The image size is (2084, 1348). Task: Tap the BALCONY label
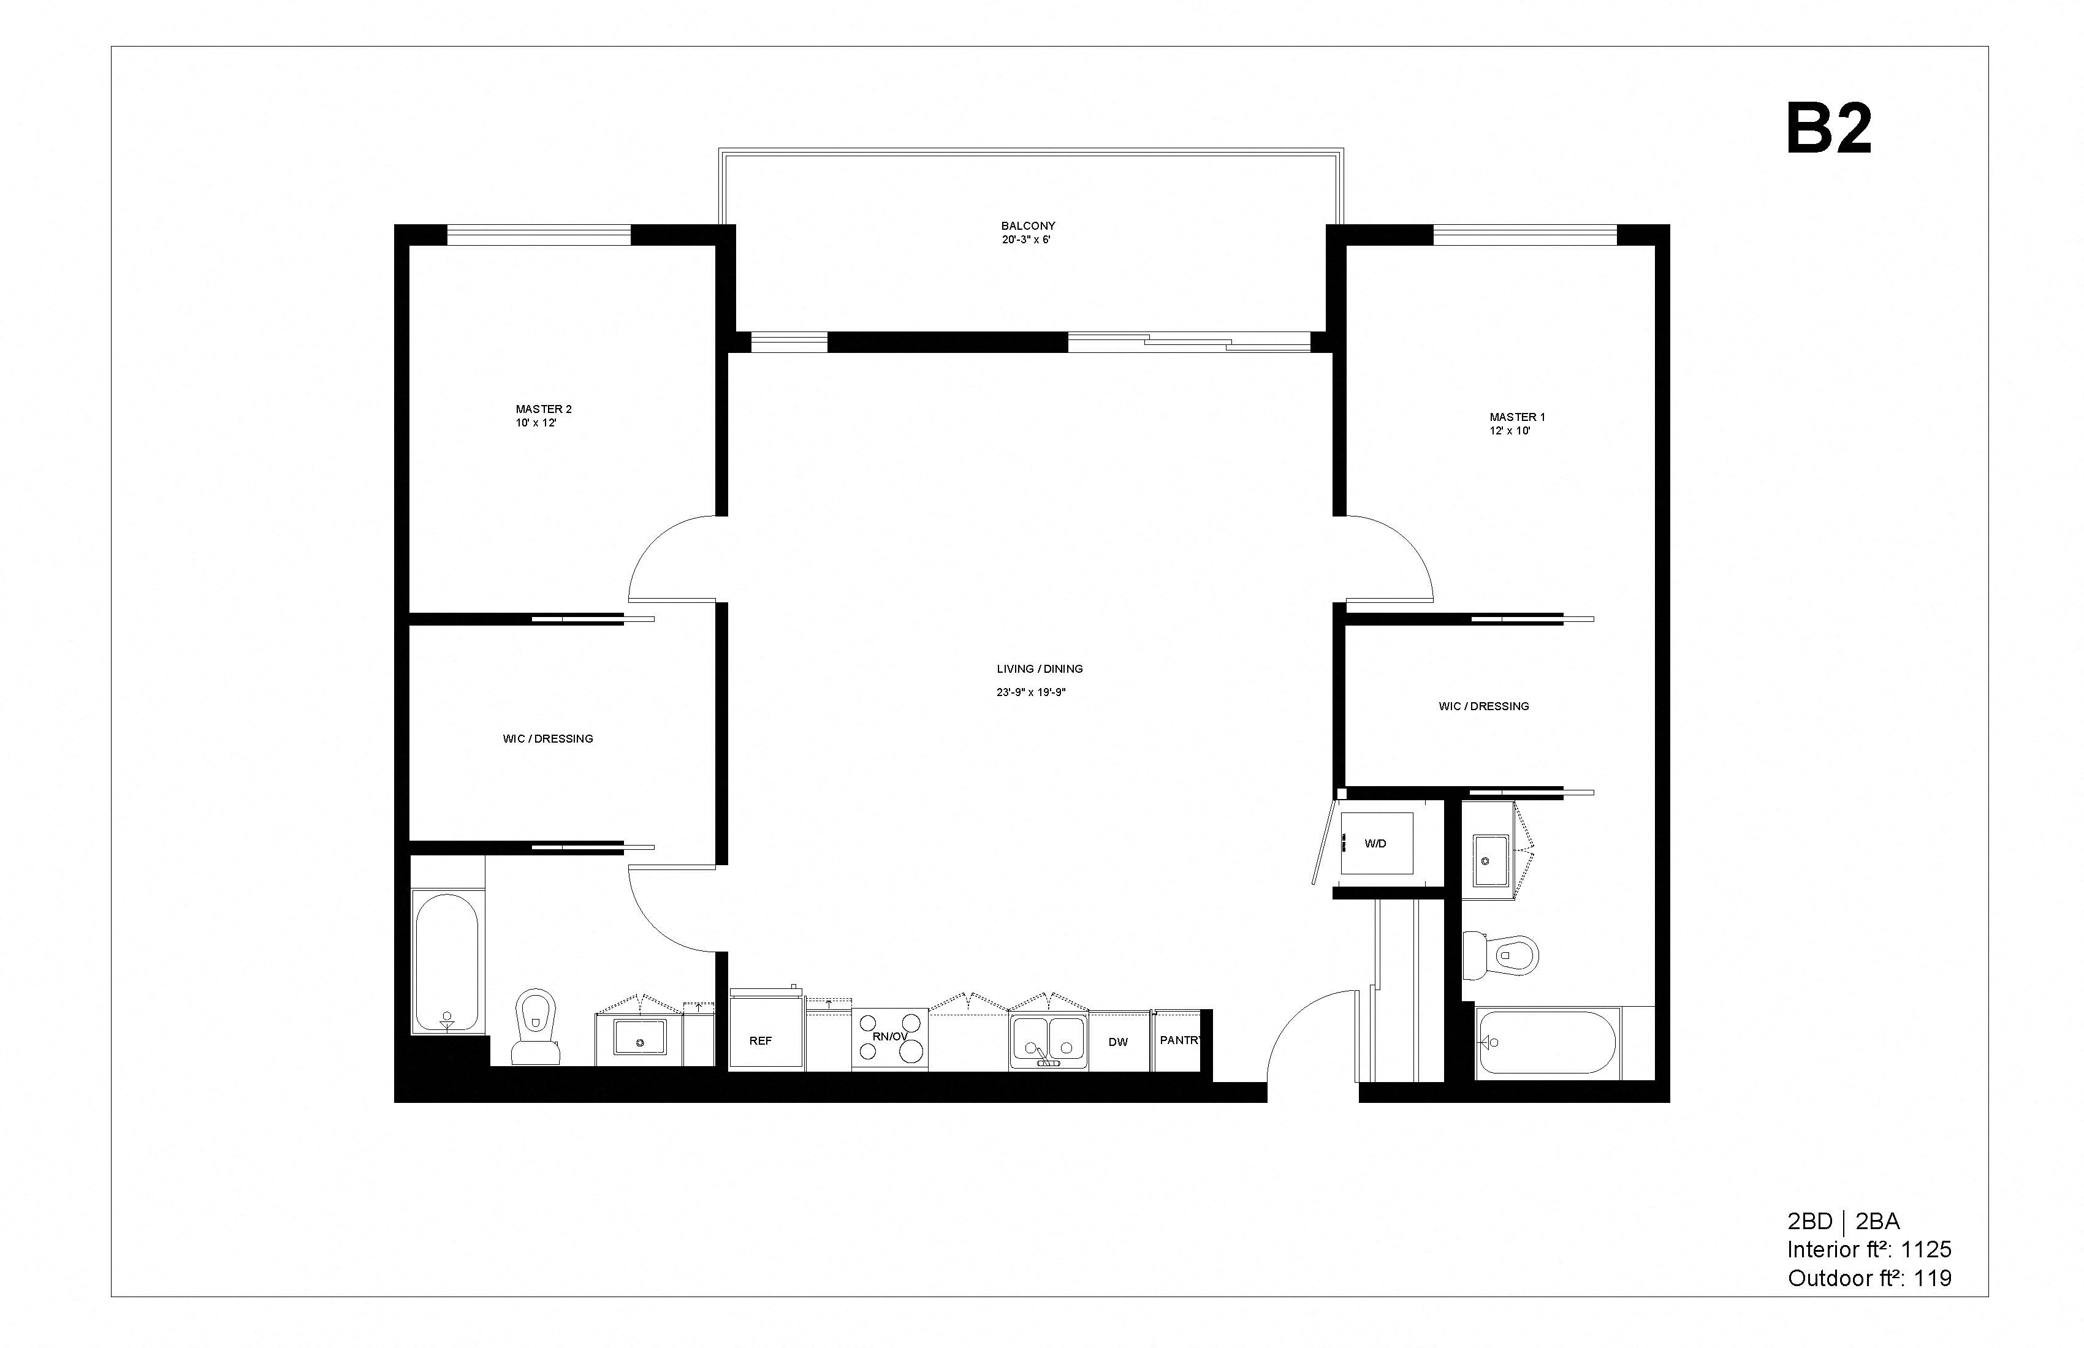click(1028, 226)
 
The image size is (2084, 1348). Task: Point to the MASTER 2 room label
click(543, 409)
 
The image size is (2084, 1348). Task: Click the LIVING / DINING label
click(1040, 668)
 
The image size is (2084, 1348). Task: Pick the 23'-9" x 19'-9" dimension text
click(1030, 692)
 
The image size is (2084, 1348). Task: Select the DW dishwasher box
click(1118, 1042)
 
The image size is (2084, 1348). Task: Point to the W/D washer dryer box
click(1375, 843)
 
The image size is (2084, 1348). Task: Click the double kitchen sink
click(1048, 1040)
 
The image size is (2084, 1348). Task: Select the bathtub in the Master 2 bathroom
click(447, 962)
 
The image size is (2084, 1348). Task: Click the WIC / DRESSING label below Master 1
click(1483, 706)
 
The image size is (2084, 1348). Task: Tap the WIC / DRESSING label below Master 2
click(547, 739)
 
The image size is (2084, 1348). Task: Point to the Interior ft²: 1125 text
click(1869, 1250)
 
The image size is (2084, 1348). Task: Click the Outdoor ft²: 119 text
click(1869, 1279)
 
